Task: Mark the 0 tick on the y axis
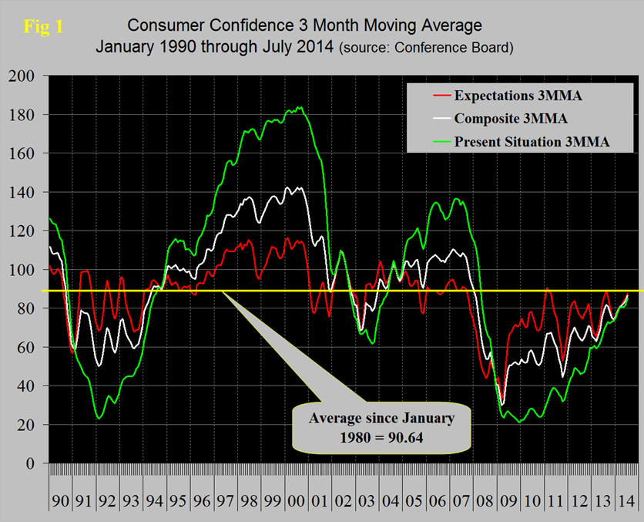[x=32, y=463]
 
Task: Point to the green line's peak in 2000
[x=299, y=108]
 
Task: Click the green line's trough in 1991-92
[x=99, y=418]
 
